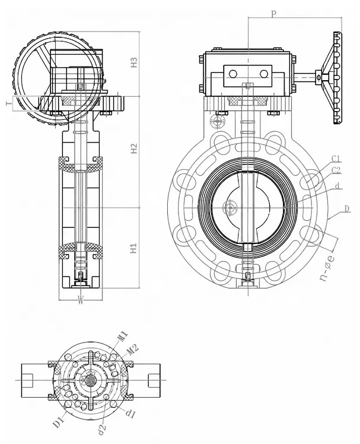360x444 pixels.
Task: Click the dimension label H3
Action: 134,62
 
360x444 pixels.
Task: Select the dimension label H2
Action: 134,148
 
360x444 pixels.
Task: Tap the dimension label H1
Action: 133,248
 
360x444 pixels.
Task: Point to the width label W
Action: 81,300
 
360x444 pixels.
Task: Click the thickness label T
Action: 9,104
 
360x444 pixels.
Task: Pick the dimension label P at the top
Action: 273,13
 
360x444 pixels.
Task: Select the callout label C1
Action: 336,158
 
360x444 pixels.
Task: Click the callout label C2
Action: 336,170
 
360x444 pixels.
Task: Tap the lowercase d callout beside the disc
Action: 337,186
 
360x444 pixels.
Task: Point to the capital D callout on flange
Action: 347,209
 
